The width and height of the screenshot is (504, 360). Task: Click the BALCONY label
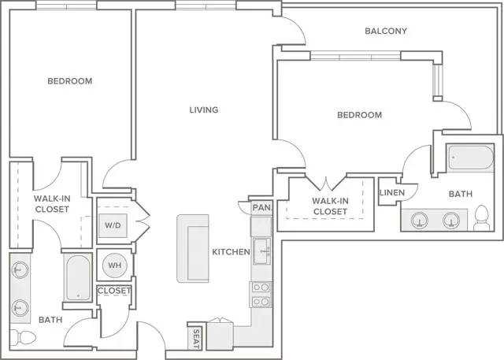(x=386, y=31)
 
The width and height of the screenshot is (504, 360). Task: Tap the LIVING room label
(x=204, y=110)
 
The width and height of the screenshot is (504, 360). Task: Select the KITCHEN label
(x=231, y=251)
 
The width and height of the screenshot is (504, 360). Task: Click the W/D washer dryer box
(x=113, y=225)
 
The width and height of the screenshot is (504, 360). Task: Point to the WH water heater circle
(x=115, y=265)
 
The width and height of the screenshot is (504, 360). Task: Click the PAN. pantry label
(x=262, y=208)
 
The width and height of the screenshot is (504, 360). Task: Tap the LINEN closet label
(x=392, y=192)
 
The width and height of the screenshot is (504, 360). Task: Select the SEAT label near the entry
(x=196, y=339)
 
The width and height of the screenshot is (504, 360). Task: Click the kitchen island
(x=193, y=248)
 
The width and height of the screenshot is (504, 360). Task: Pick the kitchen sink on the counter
(x=261, y=251)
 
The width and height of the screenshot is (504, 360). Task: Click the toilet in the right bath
(x=481, y=218)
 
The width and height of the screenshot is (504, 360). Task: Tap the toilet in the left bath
(x=23, y=337)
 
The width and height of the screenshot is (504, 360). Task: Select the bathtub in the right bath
(x=470, y=158)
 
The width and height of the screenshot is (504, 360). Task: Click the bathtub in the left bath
(x=78, y=278)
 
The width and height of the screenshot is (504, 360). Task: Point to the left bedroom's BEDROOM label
(x=70, y=81)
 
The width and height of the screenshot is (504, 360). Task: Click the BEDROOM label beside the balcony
(x=359, y=115)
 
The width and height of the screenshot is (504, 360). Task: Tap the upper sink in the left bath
(x=20, y=269)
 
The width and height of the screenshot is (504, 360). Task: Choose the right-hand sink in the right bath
(x=451, y=221)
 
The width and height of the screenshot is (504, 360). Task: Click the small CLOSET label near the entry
(x=114, y=291)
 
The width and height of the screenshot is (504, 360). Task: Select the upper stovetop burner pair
(x=261, y=287)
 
